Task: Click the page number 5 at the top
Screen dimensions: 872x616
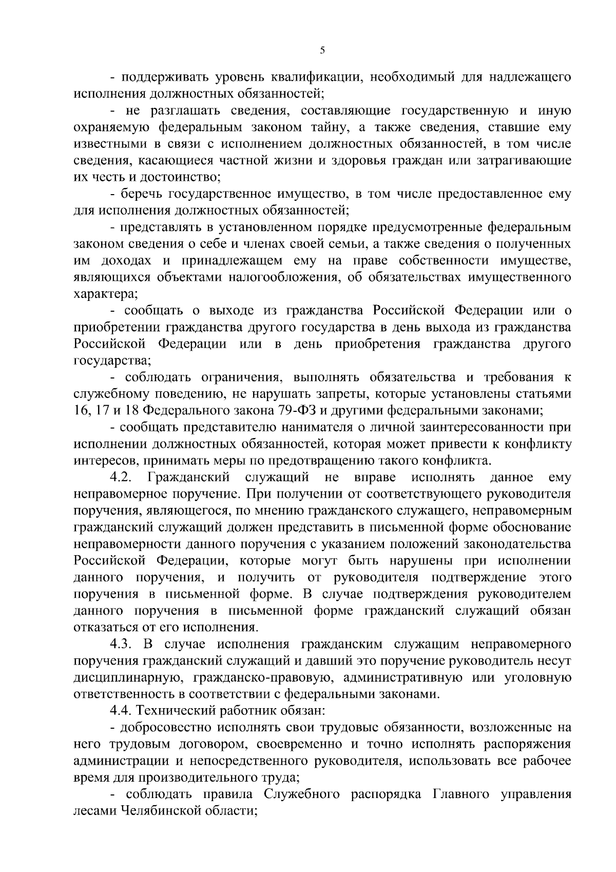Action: coord(322,50)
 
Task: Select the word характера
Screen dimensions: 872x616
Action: coord(98,295)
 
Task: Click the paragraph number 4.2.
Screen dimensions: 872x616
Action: coord(122,477)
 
